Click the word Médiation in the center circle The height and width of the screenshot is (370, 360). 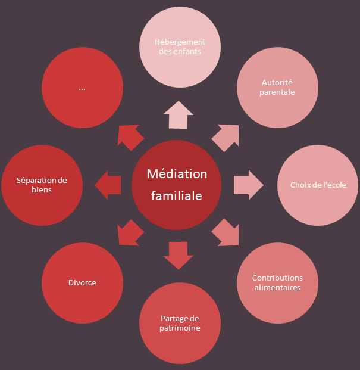coord(177,174)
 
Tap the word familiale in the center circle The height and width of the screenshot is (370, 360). coord(177,195)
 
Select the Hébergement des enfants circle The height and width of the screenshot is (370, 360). coord(180,47)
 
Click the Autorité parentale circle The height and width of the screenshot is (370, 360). coord(278,88)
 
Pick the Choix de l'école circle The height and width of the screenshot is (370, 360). coord(318,185)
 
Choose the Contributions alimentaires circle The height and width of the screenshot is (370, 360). coord(277,282)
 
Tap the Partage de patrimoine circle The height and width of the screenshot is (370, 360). coord(180,323)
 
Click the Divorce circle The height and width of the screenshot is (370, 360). coord(82,282)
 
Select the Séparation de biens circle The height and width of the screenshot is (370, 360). coord(42,185)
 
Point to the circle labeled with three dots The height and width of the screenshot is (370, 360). coord(82,88)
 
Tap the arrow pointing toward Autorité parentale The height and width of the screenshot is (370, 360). coord(226,137)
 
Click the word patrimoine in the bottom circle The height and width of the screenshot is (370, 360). coord(180,328)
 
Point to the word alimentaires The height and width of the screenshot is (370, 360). coord(277,288)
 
